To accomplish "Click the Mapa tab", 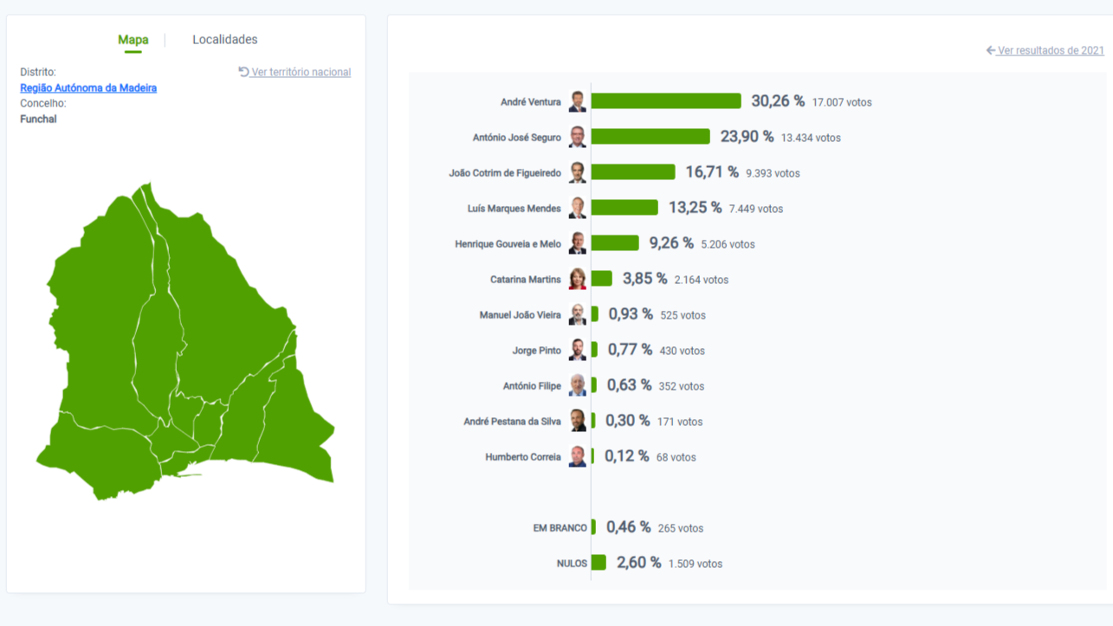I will (133, 40).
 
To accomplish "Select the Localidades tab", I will (224, 40).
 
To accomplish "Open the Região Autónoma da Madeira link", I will (88, 88).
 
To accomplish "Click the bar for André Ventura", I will (665, 101).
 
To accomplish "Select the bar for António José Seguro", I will (650, 137).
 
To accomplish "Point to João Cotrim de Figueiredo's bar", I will (632, 172).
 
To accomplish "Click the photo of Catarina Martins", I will (578, 279).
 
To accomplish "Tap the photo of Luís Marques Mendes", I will (578, 208).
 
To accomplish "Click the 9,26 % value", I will (671, 243).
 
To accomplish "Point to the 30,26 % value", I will (778, 101).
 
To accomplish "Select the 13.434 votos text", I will (811, 138).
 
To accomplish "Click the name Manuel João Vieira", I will (520, 315).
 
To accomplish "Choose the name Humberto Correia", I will (522, 457).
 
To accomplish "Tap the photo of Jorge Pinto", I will (578, 350).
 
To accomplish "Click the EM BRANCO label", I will (560, 528).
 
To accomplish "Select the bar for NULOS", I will (599, 563).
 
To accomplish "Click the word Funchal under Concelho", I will (38, 119).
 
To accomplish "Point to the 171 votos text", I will (680, 422).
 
